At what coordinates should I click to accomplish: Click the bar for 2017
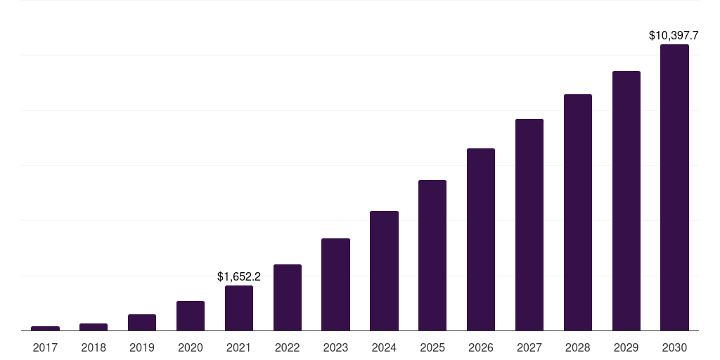46,328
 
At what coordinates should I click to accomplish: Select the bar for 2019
142,322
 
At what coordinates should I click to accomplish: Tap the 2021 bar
239,308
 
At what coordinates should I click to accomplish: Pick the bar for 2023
335,285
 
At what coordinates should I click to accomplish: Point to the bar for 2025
432,255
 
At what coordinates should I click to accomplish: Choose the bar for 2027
529,224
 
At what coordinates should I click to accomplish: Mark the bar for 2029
626,200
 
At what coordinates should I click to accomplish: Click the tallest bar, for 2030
674,187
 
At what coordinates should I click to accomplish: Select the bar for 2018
94,327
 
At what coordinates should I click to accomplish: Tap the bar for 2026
481,239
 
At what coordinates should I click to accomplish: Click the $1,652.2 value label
239,276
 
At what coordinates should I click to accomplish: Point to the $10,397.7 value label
674,35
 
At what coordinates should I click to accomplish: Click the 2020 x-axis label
191,348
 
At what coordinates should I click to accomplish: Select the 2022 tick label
288,348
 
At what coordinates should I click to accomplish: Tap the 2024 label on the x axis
385,348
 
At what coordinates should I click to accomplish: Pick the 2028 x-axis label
578,348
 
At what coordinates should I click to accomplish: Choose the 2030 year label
674,348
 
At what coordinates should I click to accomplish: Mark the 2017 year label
46,348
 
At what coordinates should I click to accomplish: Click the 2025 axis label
432,348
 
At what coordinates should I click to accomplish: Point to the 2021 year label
239,348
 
